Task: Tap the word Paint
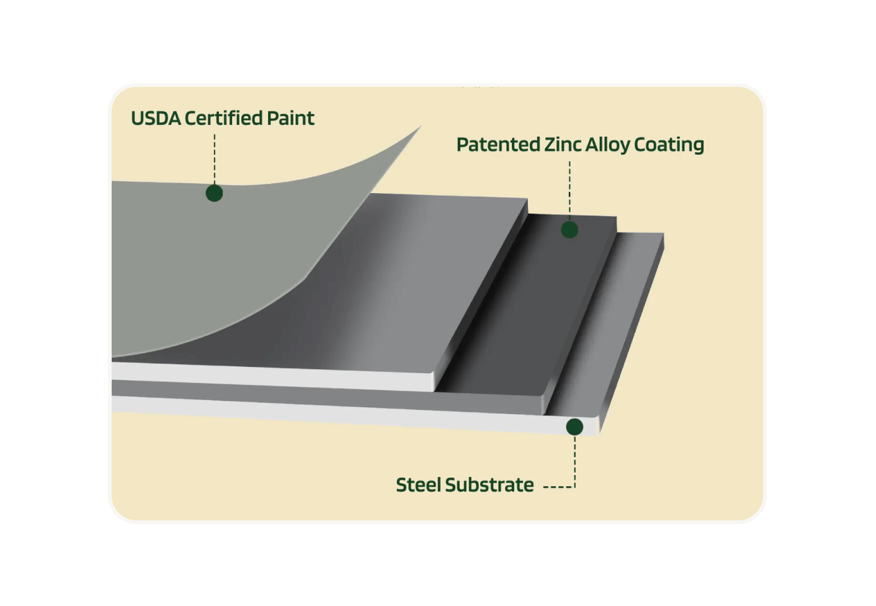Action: click(290, 118)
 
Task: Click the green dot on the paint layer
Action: click(214, 193)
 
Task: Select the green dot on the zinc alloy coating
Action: click(570, 230)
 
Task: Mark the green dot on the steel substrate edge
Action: click(574, 427)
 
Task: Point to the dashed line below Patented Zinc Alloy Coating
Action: click(570, 189)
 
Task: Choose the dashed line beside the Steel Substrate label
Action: click(558, 487)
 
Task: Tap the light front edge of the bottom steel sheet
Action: click(347, 414)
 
